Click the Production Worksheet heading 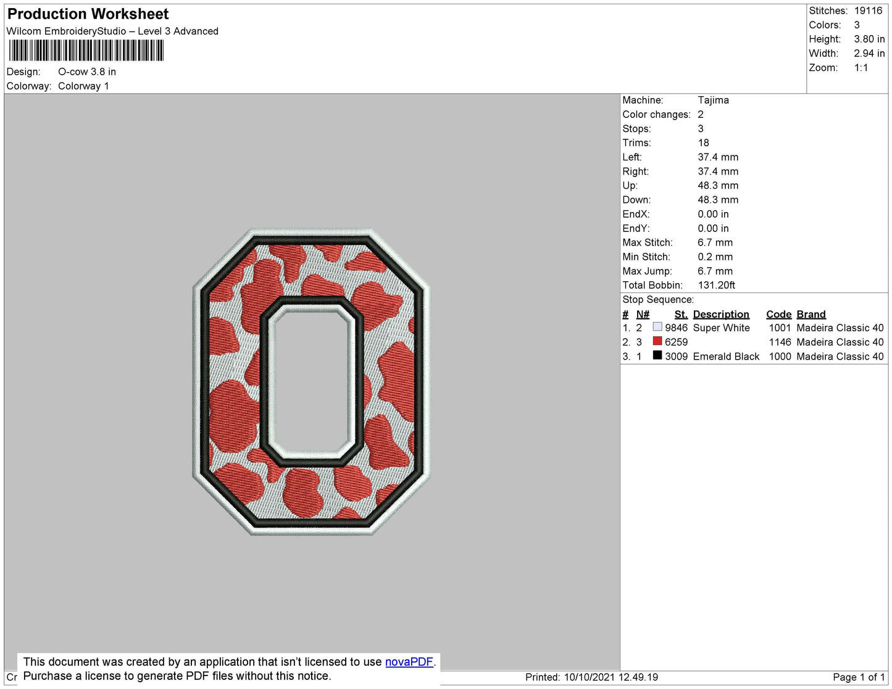[x=88, y=14]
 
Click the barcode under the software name [x=86, y=51]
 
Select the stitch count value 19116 [x=868, y=10]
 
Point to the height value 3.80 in [x=869, y=39]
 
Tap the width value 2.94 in [x=869, y=53]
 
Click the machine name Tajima [x=713, y=100]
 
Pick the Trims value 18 [x=703, y=142]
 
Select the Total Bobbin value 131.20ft [x=716, y=285]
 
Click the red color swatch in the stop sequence [x=657, y=341]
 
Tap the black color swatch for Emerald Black [x=657, y=355]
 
